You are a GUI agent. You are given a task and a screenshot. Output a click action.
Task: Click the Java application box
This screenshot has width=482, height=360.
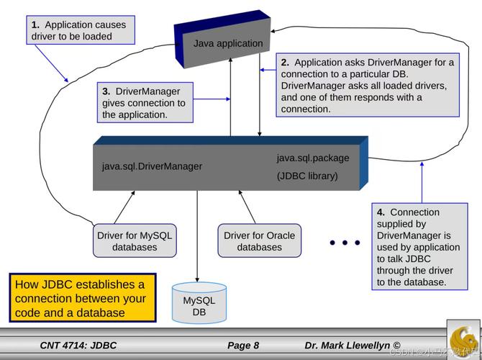click(x=227, y=42)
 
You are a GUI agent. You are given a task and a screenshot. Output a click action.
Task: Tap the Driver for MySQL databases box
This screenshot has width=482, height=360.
click(x=135, y=241)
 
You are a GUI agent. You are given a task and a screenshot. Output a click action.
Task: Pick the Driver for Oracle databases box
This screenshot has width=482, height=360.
click(x=259, y=241)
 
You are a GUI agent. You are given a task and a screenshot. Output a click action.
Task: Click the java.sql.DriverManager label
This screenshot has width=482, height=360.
click(x=152, y=166)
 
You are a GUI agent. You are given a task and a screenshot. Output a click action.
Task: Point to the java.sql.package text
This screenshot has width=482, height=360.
click(x=313, y=158)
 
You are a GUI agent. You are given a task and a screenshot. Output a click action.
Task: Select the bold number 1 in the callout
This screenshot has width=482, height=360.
click(x=35, y=25)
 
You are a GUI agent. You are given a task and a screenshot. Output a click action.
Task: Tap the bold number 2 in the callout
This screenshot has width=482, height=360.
click(x=285, y=63)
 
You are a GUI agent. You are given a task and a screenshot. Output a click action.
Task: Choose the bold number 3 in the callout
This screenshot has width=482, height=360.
click(x=106, y=91)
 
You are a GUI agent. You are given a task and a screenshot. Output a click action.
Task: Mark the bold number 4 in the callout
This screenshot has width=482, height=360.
click(x=381, y=212)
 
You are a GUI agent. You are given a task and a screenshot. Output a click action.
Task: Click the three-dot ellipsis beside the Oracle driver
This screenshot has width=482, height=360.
click(x=345, y=243)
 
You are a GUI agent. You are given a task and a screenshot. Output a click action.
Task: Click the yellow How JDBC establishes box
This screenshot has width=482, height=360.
click(x=82, y=298)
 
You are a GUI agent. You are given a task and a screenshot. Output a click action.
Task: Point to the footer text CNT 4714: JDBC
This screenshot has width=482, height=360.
click(x=78, y=346)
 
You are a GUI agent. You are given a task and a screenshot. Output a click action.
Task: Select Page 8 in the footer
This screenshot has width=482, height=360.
click(x=242, y=346)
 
